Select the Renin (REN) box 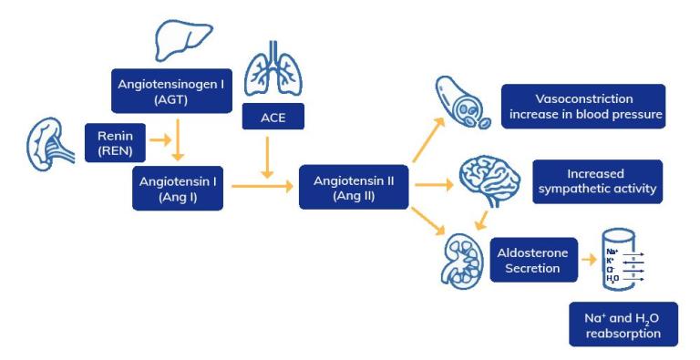[114, 142]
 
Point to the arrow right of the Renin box [160, 141]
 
